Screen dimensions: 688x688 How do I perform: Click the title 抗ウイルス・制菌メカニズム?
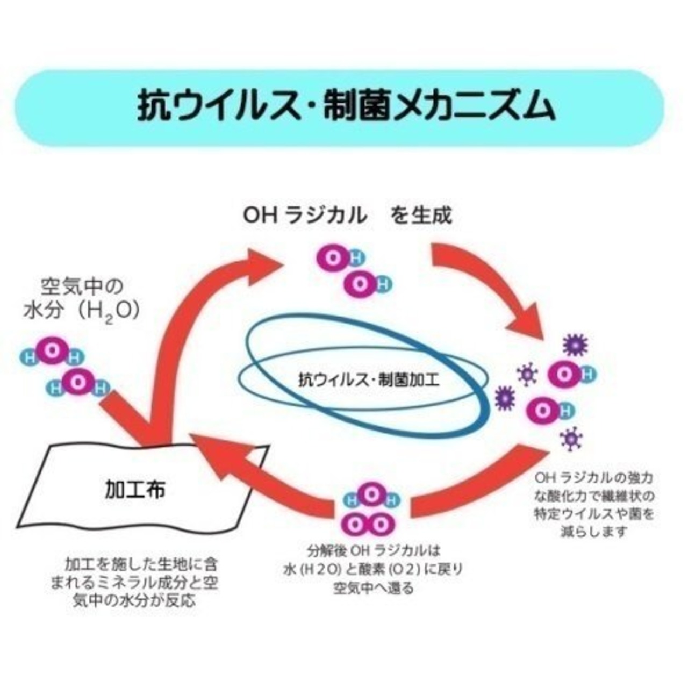[346, 107]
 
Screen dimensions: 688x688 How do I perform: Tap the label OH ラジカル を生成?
[348, 216]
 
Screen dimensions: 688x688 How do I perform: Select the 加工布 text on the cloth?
[135, 490]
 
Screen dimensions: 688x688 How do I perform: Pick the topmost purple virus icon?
[575, 345]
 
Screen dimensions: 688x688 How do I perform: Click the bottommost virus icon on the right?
[571, 440]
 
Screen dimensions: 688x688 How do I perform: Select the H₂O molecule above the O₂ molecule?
[371, 497]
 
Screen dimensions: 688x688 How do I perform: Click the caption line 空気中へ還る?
[374, 587]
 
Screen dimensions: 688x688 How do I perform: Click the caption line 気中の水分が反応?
[134, 600]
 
